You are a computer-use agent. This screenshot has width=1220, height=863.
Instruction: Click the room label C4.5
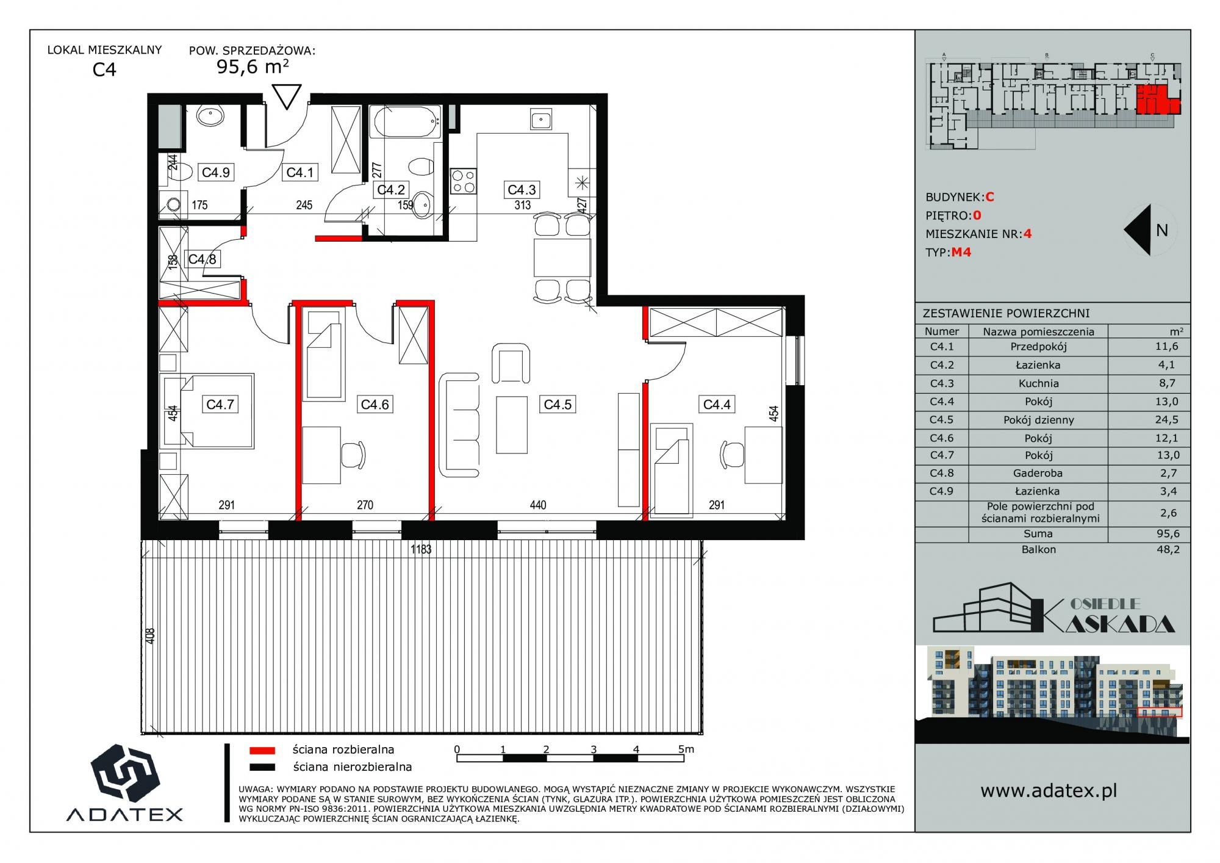pos(558,404)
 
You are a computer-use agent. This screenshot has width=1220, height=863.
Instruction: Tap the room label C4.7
pos(220,404)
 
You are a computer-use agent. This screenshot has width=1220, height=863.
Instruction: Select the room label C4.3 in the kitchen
pos(522,190)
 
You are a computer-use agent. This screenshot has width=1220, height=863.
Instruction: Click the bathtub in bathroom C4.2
pos(406,122)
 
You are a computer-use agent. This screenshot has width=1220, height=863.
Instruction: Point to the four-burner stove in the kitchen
pos(464,181)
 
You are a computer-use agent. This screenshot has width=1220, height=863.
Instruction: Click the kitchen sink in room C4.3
pos(541,120)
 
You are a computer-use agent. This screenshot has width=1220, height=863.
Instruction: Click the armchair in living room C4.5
pos(511,363)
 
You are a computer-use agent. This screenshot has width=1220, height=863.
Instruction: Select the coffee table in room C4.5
pos(511,425)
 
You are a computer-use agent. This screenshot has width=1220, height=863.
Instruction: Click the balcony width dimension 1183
pos(421,549)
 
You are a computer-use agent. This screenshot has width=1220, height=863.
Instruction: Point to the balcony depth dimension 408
pos(151,635)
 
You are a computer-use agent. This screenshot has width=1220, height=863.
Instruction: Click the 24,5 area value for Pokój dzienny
pos(1166,420)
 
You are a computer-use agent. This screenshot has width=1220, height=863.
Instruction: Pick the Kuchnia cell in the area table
pos(1038,383)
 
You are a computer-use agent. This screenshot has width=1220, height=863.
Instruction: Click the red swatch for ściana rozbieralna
pos(262,750)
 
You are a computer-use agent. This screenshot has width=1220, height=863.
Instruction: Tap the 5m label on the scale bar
pos(686,749)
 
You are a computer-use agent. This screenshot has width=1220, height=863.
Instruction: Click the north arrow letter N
pos(1161,230)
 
